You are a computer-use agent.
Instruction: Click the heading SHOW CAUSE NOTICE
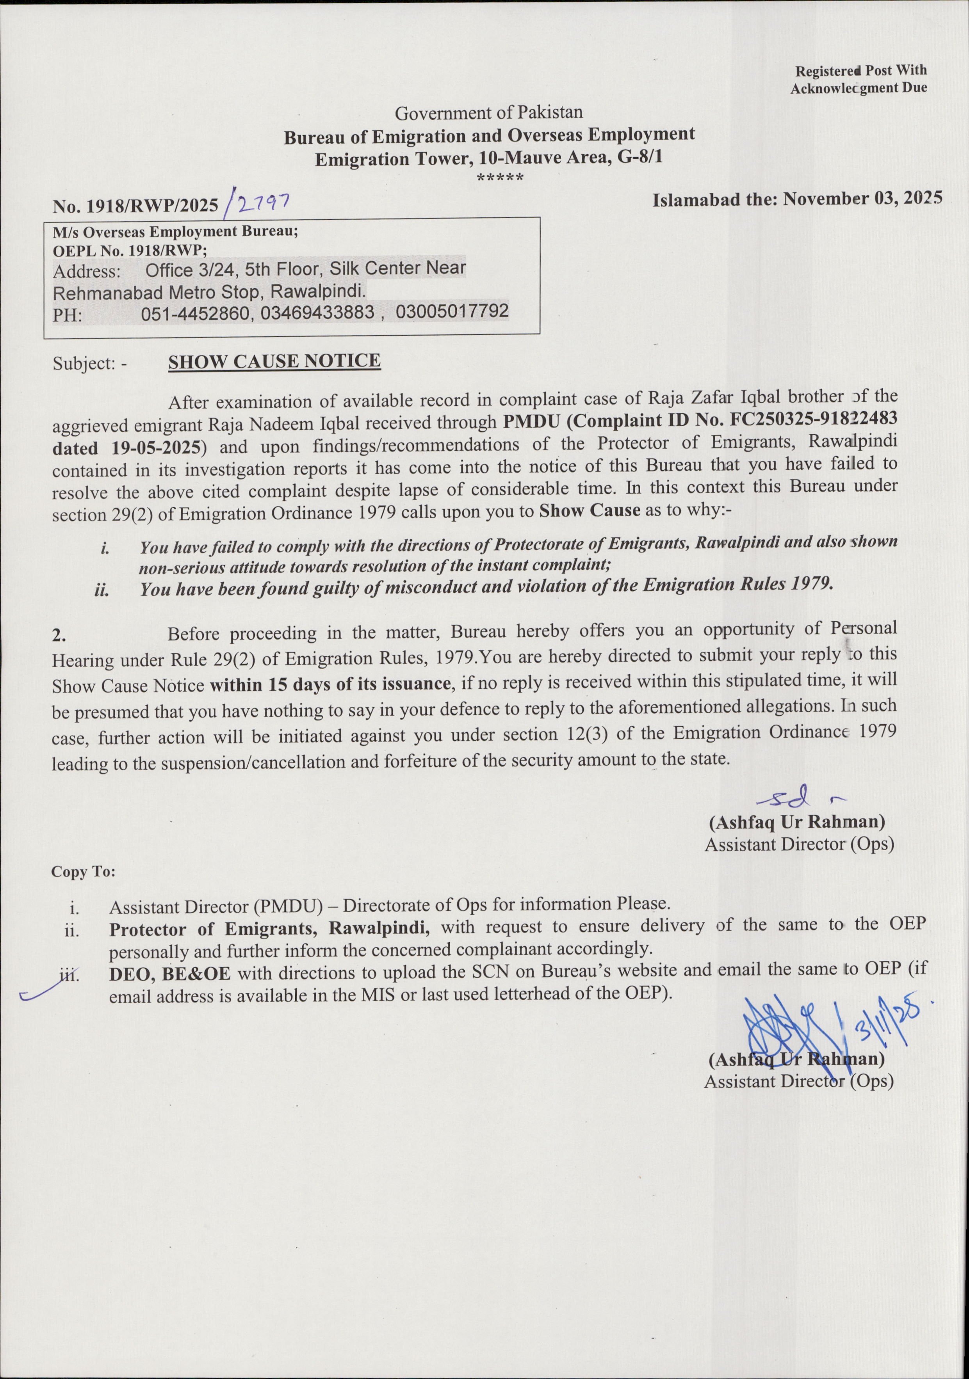click(274, 362)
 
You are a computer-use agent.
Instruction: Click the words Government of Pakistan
click(488, 112)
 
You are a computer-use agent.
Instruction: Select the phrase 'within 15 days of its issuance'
click(330, 684)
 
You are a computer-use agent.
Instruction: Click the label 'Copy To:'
click(83, 871)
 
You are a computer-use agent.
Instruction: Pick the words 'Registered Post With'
click(861, 71)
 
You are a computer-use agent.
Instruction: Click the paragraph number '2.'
click(58, 636)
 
